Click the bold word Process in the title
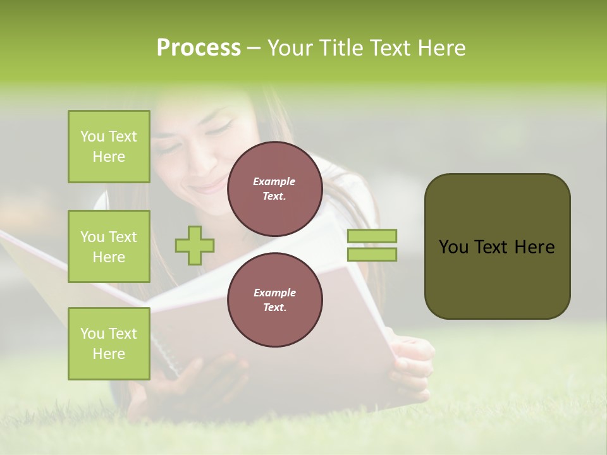pos(199,48)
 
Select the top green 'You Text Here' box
pos(109,147)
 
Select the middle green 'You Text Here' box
pos(109,246)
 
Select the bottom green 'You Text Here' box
pos(109,343)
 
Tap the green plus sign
pos(195,245)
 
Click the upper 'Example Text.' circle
pos(274,189)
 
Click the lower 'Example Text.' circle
pos(274,300)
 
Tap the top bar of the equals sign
pos(372,236)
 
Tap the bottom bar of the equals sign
pos(372,255)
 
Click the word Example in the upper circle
pos(274,181)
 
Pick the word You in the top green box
pos(92,136)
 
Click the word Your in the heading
pos(290,48)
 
